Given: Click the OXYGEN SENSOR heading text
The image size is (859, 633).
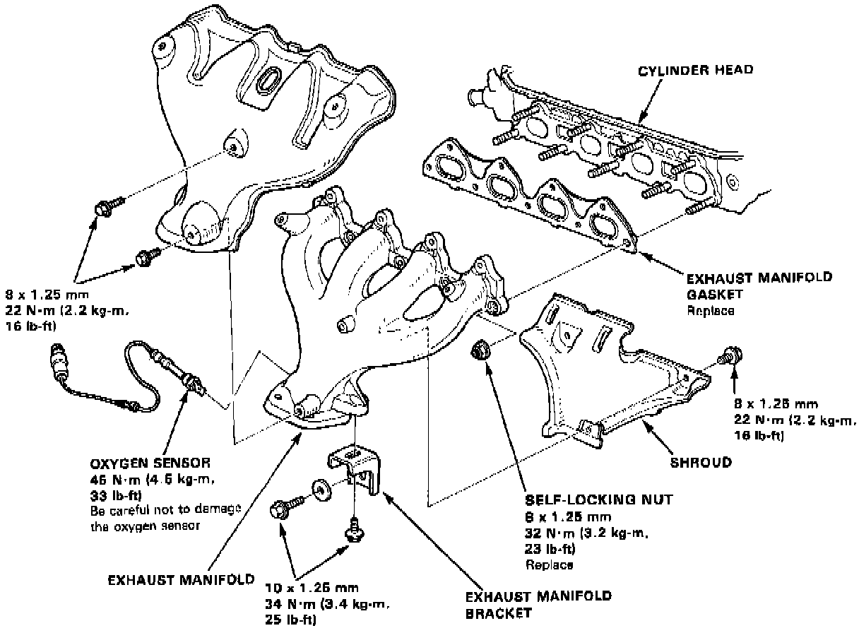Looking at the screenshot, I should [x=150, y=464].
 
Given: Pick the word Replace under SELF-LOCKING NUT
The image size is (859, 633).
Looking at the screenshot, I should [x=549, y=564].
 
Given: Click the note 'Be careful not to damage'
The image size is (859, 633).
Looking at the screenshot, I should [x=166, y=510].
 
